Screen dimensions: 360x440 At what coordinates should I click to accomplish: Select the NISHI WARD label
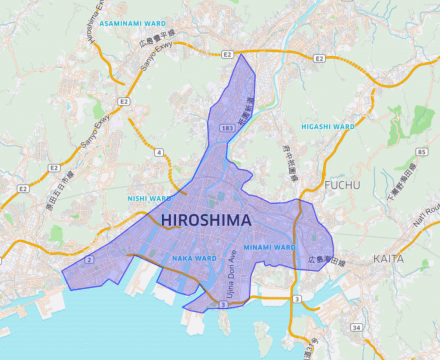coord(151,198)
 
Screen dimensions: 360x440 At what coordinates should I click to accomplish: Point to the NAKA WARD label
coord(195,258)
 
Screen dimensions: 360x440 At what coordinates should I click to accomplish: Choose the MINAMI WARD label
coord(267,246)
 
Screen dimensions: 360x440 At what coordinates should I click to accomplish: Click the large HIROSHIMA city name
coord(202,218)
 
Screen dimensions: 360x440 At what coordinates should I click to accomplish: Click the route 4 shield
coord(159,152)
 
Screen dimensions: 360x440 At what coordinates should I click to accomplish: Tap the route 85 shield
coord(422,152)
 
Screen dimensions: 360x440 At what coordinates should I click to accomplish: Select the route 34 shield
coord(357,327)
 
